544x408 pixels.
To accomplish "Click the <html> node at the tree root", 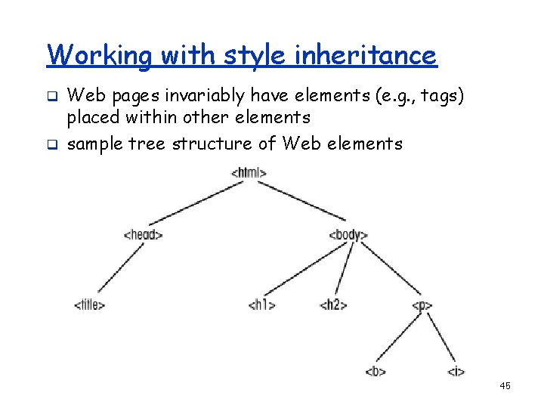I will click(x=249, y=173).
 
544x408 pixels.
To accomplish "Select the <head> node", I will click(x=143, y=234).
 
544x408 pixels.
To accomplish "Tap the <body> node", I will click(x=348, y=235).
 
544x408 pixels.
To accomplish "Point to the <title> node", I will click(x=89, y=305).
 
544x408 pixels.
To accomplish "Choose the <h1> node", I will click(x=261, y=305).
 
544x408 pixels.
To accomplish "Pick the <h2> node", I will click(x=333, y=305).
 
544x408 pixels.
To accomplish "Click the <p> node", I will click(x=422, y=305).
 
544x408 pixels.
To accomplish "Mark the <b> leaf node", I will click(x=376, y=371).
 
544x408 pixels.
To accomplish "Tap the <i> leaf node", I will click(x=456, y=371).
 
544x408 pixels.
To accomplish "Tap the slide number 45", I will click(x=505, y=386).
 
